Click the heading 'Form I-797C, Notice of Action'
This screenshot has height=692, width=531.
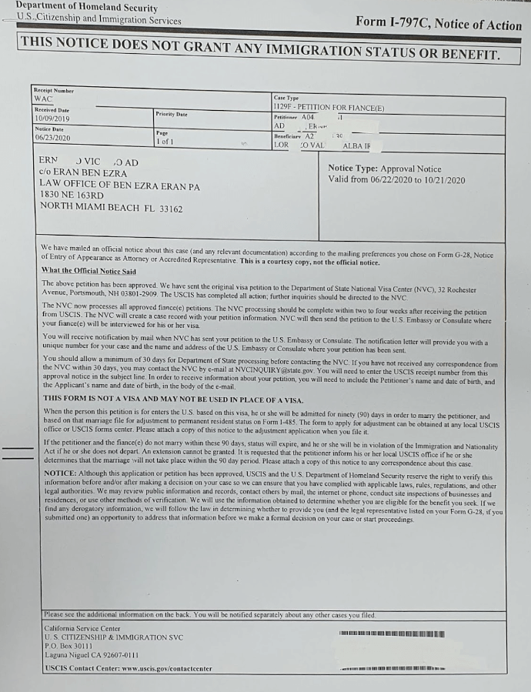click(439, 24)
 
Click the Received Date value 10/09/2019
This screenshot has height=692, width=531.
click(52, 119)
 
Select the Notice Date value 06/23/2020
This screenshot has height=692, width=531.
click(52, 138)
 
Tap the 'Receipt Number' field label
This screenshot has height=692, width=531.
click(54, 91)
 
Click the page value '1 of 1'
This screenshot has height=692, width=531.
click(165, 142)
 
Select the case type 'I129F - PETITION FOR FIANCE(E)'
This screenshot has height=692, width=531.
click(329, 107)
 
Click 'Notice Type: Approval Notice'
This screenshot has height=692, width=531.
click(384, 169)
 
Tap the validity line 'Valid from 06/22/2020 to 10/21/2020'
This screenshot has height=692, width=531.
click(396, 180)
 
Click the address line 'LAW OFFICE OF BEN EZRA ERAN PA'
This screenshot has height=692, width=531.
click(119, 186)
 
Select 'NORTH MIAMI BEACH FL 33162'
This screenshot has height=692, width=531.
click(112, 208)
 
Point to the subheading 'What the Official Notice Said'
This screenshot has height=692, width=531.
click(88, 271)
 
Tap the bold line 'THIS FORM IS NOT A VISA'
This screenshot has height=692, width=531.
click(173, 399)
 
